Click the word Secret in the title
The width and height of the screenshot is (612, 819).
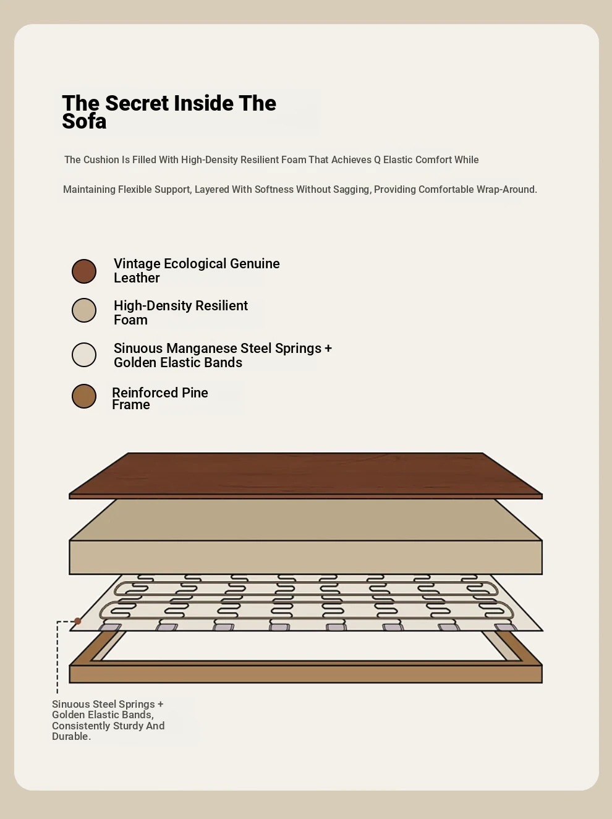click(137, 103)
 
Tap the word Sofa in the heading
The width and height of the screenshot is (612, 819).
click(84, 121)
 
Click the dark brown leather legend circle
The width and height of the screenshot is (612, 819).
click(84, 271)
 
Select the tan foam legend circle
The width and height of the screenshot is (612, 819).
click(84, 310)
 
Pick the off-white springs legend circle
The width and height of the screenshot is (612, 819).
click(84, 354)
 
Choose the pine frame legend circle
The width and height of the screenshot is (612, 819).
click(84, 396)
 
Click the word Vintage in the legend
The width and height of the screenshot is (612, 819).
click(137, 264)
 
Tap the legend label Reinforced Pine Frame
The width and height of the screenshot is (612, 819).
click(160, 399)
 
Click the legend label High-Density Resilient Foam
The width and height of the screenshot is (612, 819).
click(181, 313)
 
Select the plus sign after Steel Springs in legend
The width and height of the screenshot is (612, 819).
click(328, 349)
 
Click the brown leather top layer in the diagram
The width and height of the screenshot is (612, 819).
click(305, 475)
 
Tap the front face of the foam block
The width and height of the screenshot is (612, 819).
click(305, 557)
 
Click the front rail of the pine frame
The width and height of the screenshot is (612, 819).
click(305, 674)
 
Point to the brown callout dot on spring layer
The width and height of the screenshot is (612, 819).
click(78, 621)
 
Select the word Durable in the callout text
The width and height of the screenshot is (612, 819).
click(70, 736)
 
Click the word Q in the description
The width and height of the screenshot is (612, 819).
click(377, 160)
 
